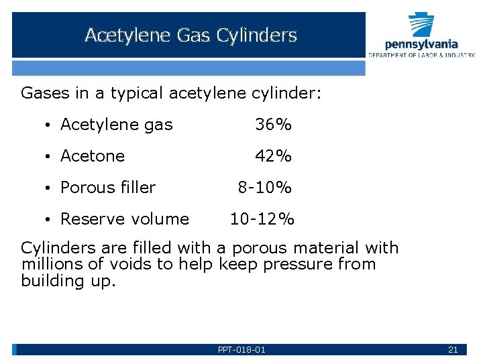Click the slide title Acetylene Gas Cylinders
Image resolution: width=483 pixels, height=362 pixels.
point(191,36)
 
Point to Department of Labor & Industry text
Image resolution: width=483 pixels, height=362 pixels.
point(421,55)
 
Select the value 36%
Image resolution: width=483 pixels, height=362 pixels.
point(273,125)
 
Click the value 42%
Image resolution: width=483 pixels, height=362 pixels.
point(273,156)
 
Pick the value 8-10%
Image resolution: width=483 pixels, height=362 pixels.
point(265,188)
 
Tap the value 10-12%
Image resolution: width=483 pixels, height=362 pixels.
point(262,219)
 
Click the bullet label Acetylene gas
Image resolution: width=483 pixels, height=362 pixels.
point(116,125)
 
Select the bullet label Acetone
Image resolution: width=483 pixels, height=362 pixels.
point(93,156)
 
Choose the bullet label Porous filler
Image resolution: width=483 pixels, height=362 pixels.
point(108,188)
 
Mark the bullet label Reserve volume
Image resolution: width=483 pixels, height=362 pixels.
point(125,219)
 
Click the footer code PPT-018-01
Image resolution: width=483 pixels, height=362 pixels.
point(241,350)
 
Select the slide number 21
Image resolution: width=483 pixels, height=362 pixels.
point(452,350)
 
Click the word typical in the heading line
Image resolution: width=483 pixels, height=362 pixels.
point(132,93)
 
